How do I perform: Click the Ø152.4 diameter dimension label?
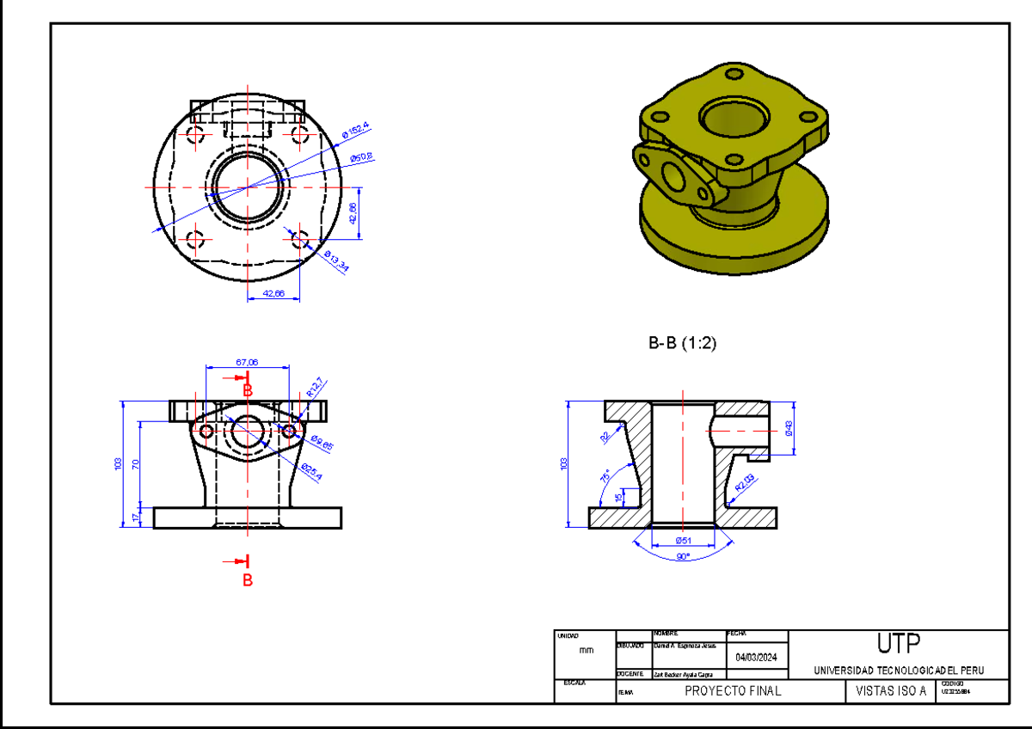[355, 131]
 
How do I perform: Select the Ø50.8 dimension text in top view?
[361, 157]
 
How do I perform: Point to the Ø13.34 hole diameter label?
[336, 261]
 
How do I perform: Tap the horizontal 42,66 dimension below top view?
[273, 293]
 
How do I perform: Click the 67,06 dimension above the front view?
[247, 362]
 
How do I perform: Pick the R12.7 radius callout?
[315, 388]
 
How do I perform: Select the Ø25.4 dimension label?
[311, 472]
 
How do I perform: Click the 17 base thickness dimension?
[134, 518]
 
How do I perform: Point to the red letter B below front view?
[248, 580]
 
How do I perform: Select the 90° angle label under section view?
[683, 557]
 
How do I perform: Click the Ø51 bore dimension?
[684, 540]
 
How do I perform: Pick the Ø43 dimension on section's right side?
[789, 426]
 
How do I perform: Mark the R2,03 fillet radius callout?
[744, 484]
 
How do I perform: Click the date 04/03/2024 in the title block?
[757, 658]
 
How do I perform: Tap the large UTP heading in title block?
[898, 644]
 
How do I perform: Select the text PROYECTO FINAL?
[733, 691]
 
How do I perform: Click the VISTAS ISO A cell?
[891, 691]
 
